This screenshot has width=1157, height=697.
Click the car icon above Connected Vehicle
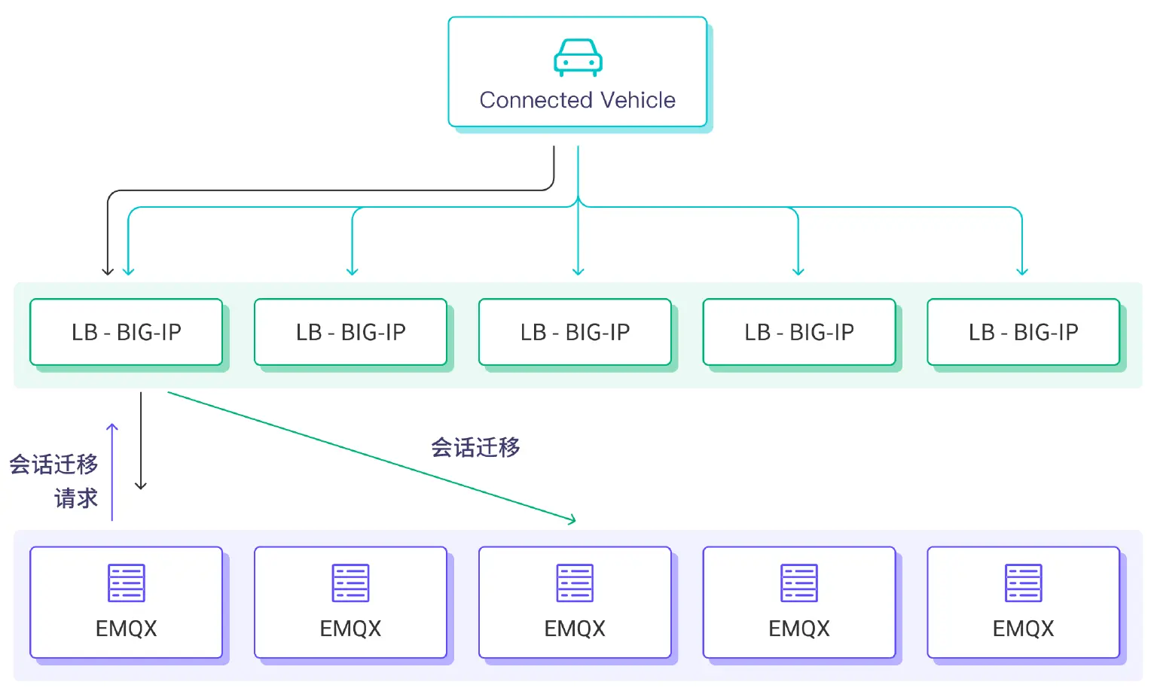tap(578, 58)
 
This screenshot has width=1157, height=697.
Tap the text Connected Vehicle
tap(577, 100)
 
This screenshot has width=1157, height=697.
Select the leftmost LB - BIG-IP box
tap(126, 332)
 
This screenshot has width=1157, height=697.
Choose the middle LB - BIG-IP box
tap(575, 332)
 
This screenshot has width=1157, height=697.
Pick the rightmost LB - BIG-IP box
tap(1023, 332)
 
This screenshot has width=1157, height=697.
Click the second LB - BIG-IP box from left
tap(350, 332)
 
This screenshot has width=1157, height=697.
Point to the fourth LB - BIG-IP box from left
tap(798, 332)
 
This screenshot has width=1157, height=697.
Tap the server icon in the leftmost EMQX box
tap(126, 583)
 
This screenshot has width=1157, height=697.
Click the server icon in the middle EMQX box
tap(575, 583)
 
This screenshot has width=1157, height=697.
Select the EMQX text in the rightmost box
tap(1023, 629)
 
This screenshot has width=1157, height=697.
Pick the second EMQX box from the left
tap(350, 602)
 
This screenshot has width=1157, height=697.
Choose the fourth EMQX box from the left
tap(798, 602)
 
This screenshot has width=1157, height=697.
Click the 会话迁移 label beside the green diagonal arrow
tap(475, 448)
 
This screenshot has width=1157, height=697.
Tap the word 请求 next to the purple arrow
tap(76, 498)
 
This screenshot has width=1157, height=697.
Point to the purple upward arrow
tap(112, 471)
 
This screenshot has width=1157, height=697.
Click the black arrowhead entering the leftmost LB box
tap(108, 271)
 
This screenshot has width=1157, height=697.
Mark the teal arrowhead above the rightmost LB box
tap(1022, 271)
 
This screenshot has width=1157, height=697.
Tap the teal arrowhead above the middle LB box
tap(578, 271)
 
